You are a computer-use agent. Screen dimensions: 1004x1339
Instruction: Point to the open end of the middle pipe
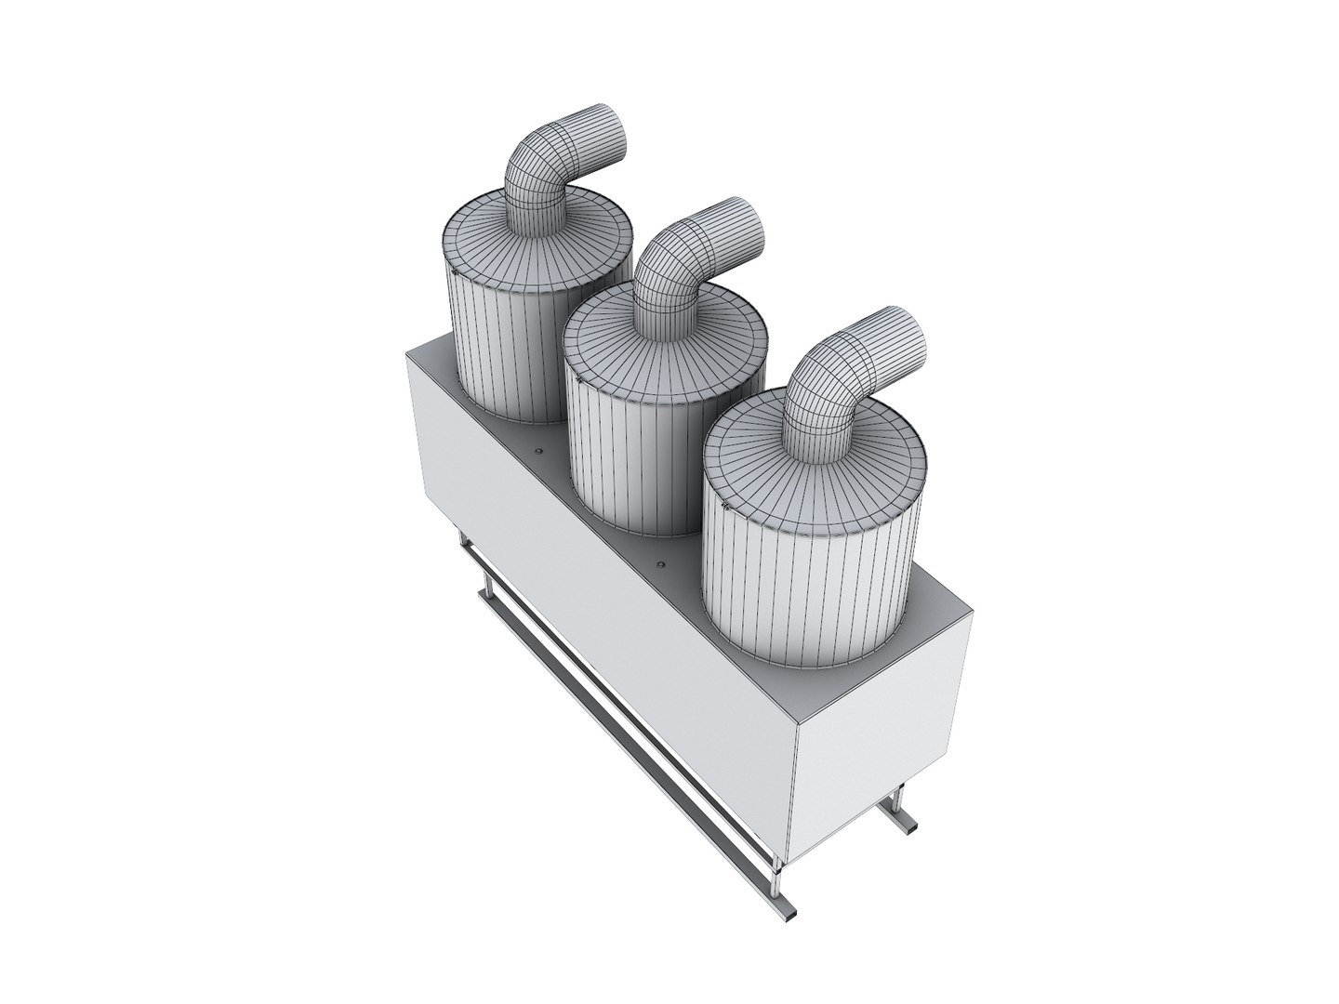745,223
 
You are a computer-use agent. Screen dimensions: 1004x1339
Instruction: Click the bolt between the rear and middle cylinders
537,448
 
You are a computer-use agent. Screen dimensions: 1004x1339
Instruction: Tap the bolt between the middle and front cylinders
662,564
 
